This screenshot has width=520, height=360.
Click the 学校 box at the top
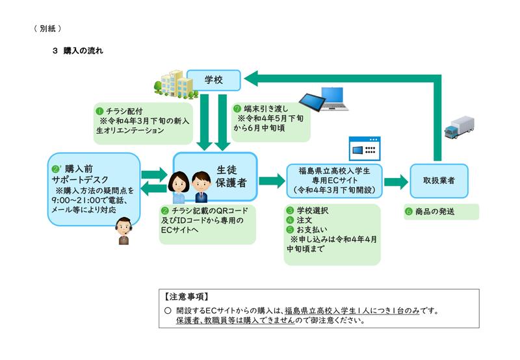[x=214, y=79]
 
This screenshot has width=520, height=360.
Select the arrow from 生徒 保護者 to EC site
[x=267, y=180]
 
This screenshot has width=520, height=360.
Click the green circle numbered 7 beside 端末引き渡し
[x=239, y=108]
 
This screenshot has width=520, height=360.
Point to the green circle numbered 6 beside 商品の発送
[x=409, y=211]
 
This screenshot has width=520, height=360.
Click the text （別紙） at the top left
[x=47, y=28]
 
